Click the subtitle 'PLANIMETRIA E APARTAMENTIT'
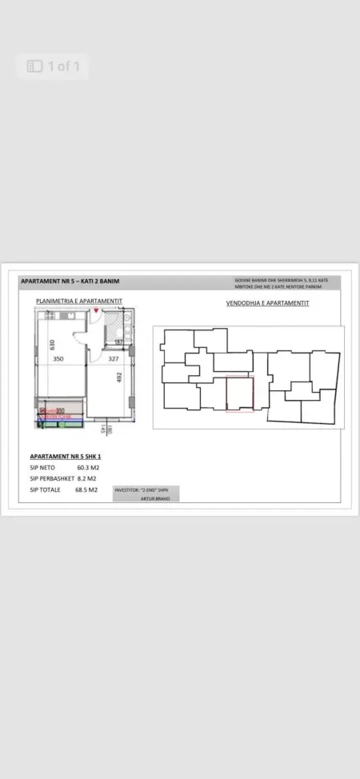78,301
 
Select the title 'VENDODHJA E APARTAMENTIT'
268,303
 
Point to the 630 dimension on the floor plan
51,345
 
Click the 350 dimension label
58,359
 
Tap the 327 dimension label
113,359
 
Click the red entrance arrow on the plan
97,310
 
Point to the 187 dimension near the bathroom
118,342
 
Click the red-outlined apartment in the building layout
239,394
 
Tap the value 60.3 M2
87,468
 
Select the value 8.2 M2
86,478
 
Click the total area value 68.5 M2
87,489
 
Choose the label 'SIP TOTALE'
46,489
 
